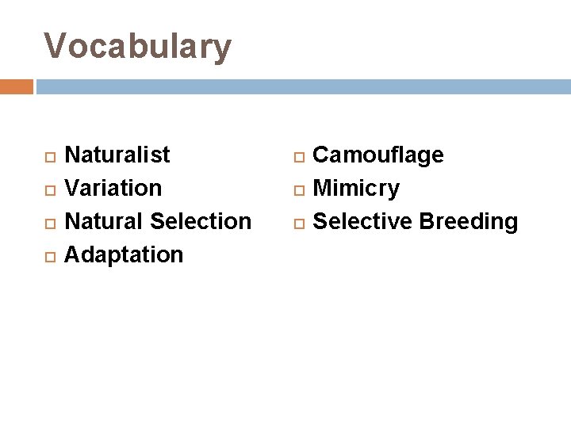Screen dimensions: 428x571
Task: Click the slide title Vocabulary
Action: coord(137,47)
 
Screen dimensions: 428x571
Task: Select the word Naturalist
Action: coord(117,155)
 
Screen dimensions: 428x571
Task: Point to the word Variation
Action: coord(113,188)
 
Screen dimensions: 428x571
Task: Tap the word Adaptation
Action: coord(123,254)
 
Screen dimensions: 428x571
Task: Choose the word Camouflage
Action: coord(378,155)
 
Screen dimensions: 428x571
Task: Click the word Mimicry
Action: coord(356,188)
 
